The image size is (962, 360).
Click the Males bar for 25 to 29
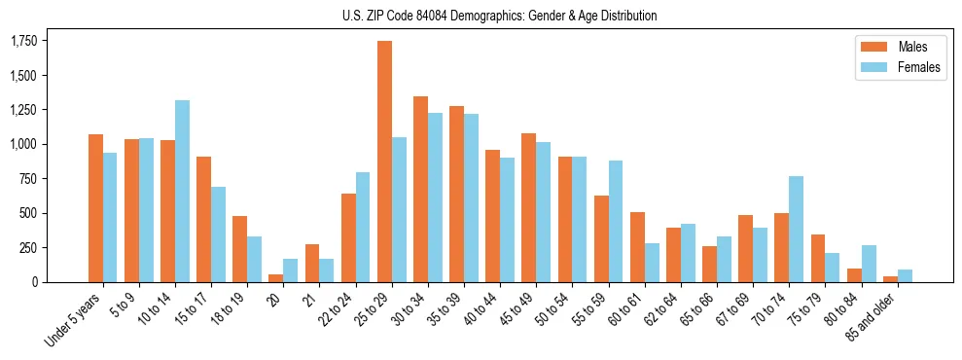point(384,162)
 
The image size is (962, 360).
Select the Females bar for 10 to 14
point(183,191)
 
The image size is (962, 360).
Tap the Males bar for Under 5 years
point(95,208)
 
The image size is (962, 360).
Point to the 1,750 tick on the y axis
point(23,41)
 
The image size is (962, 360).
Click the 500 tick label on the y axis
point(28,213)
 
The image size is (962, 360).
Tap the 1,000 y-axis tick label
point(23,144)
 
